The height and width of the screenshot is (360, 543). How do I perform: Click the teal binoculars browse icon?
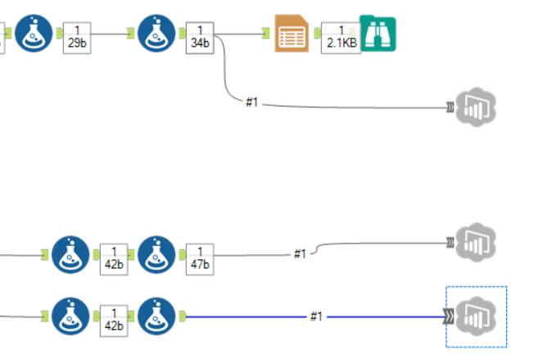coord(378,34)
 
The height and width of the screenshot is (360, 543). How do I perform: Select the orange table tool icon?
coord(292,34)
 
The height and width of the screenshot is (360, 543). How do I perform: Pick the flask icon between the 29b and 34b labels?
coord(158,33)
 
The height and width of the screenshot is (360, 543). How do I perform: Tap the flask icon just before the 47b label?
coord(158,254)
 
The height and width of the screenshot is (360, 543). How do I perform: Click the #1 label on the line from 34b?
coord(251,103)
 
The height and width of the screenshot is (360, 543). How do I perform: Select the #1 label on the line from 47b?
coord(301,254)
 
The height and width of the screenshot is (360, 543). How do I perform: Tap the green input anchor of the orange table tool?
coord(266,34)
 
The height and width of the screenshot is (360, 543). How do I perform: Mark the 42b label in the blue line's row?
coord(114,320)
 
